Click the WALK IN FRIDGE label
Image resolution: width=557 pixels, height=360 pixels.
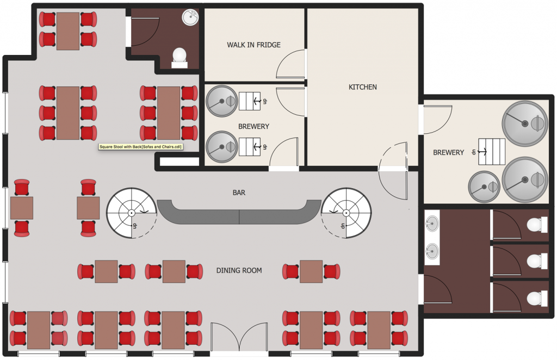point(253,45)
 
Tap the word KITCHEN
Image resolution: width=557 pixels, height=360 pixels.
point(362,87)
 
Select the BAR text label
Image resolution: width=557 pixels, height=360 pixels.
point(239,192)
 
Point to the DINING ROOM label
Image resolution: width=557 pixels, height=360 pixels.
point(239,270)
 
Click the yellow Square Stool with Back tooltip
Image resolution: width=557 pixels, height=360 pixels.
point(140,146)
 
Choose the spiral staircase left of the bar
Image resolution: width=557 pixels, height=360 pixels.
point(131,213)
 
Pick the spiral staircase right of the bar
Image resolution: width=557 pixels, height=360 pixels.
point(346,213)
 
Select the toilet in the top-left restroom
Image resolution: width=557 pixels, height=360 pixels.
point(179,57)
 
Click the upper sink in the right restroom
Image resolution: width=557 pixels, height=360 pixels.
point(432,223)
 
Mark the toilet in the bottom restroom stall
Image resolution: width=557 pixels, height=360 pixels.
point(535,297)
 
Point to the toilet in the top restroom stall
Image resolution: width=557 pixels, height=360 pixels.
point(535,225)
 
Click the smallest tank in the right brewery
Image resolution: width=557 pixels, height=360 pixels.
point(484,187)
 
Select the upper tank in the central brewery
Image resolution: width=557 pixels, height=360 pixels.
point(221,101)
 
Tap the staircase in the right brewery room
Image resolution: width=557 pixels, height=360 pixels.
point(491,152)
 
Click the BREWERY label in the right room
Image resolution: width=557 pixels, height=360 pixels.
point(448,153)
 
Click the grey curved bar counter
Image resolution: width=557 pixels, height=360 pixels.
point(239,213)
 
